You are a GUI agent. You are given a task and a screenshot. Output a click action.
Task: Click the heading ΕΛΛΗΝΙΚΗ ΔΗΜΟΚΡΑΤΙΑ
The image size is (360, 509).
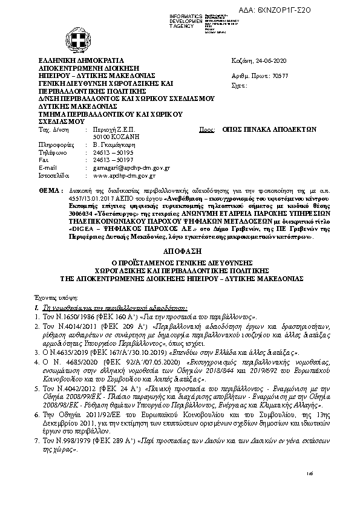click(x=81, y=61)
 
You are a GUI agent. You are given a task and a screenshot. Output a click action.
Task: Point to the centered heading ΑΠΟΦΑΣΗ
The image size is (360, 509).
click(x=180, y=248)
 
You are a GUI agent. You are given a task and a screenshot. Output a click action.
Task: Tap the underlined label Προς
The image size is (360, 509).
click(x=206, y=129)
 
